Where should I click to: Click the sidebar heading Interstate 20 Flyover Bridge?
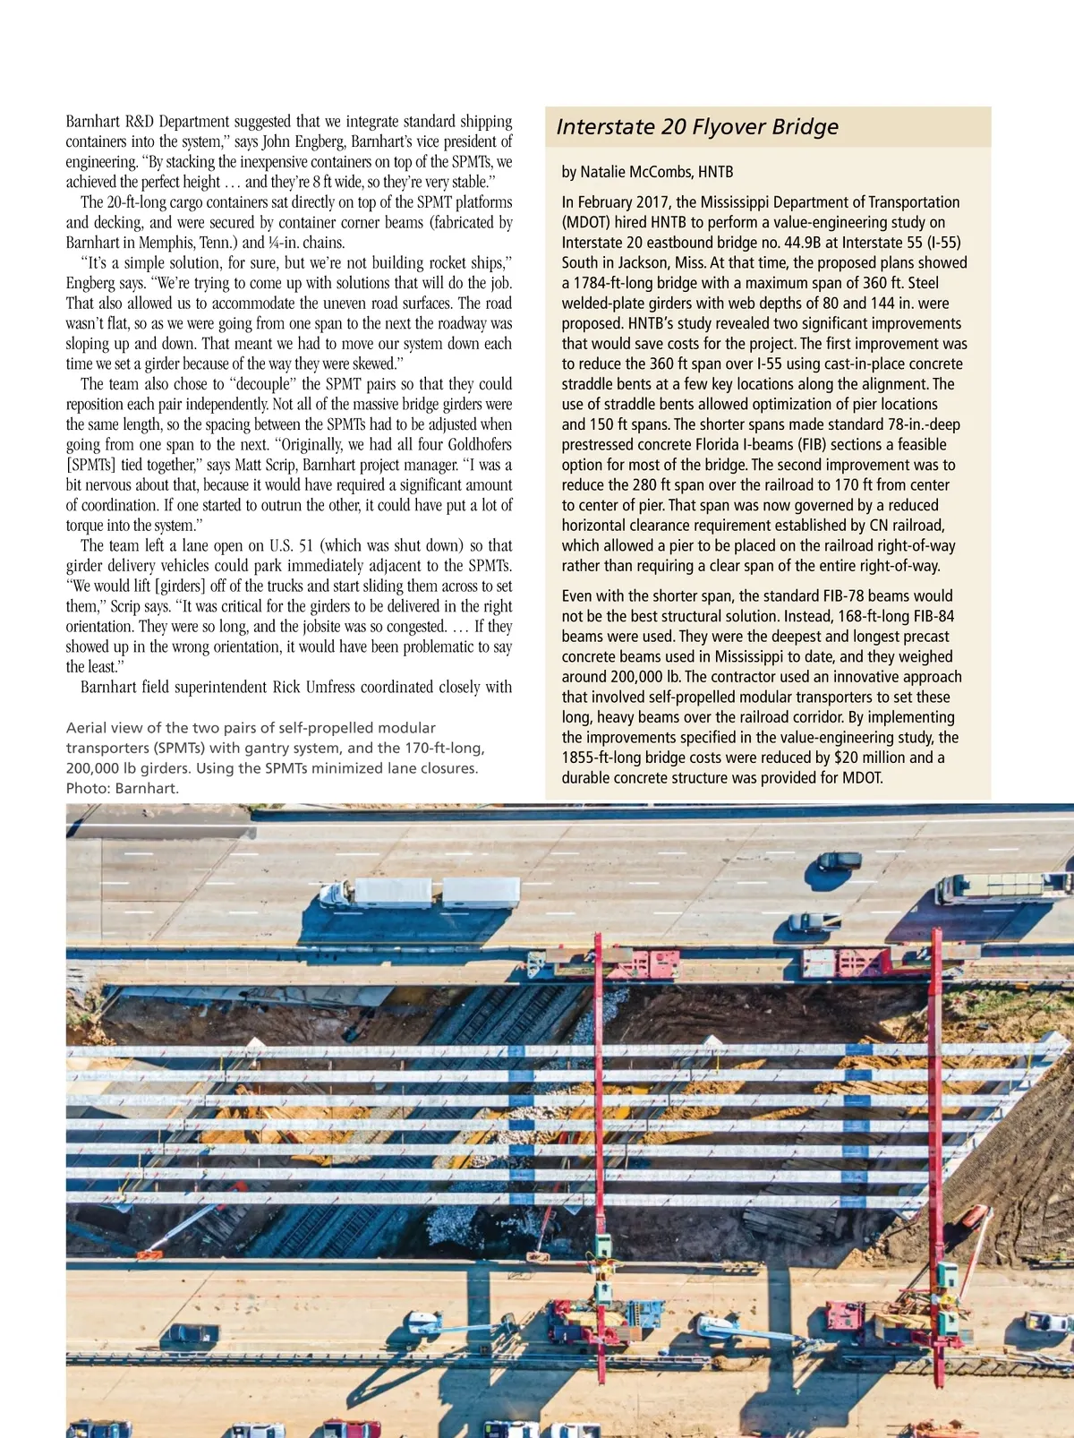[x=697, y=127]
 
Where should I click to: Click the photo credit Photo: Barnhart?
[x=123, y=788]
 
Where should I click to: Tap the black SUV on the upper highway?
[x=839, y=860]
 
